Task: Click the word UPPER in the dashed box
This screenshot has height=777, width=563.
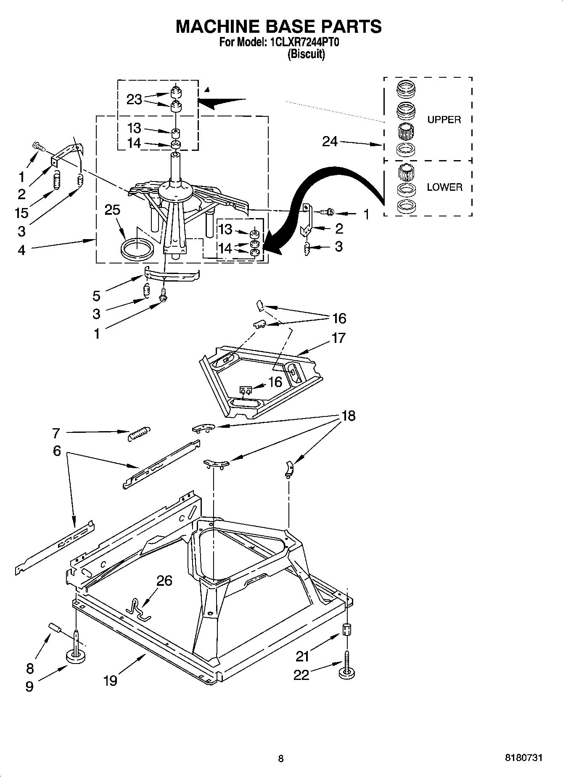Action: (444, 120)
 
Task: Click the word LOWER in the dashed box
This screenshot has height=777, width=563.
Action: (444, 187)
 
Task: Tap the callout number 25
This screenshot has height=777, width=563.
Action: (112, 210)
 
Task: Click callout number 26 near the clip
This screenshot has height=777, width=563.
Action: (164, 580)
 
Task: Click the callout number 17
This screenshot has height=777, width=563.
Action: (338, 338)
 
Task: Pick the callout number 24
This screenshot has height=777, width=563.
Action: (330, 142)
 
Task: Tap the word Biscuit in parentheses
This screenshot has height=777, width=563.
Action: (306, 55)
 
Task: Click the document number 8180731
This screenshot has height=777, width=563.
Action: (523, 758)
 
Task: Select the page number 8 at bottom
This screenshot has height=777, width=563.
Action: (281, 758)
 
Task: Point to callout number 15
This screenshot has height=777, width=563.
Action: (21, 213)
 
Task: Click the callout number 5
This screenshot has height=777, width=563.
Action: (97, 296)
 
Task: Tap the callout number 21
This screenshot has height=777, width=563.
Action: (303, 656)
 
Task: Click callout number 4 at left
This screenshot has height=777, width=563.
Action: (21, 250)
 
